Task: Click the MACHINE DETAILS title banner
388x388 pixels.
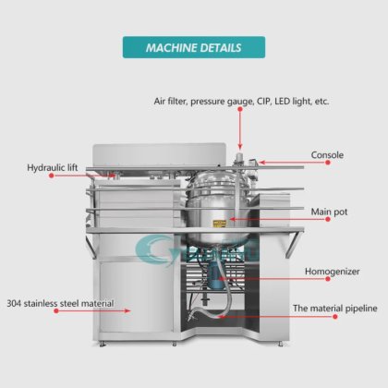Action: [x=194, y=47]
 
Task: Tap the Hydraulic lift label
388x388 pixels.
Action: [x=53, y=168]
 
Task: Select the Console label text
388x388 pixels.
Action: [x=327, y=154]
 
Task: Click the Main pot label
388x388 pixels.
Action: [x=329, y=212]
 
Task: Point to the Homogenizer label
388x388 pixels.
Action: [x=333, y=272]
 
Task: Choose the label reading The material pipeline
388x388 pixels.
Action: [x=335, y=309]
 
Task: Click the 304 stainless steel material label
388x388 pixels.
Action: [x=60, y=303]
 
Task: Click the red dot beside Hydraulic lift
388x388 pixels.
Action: [x=52, y=176]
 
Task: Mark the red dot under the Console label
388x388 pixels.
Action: [x=328, y=163]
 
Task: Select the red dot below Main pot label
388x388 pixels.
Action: [x=328, y=219]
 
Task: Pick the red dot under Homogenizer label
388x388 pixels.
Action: [x=328, y=279]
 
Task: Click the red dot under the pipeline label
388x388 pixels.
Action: [x=335, y=316]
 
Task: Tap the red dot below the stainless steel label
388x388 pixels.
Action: [x=56, y=311]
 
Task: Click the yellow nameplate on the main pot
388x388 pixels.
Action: [x=220, y=224]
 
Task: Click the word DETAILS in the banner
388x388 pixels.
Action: [x=221, y=48]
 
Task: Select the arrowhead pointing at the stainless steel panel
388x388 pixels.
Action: [x=127, y=311]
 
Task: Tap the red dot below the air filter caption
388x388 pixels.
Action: [x=240, y=109]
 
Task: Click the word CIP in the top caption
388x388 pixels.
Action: [x=263, y=101]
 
